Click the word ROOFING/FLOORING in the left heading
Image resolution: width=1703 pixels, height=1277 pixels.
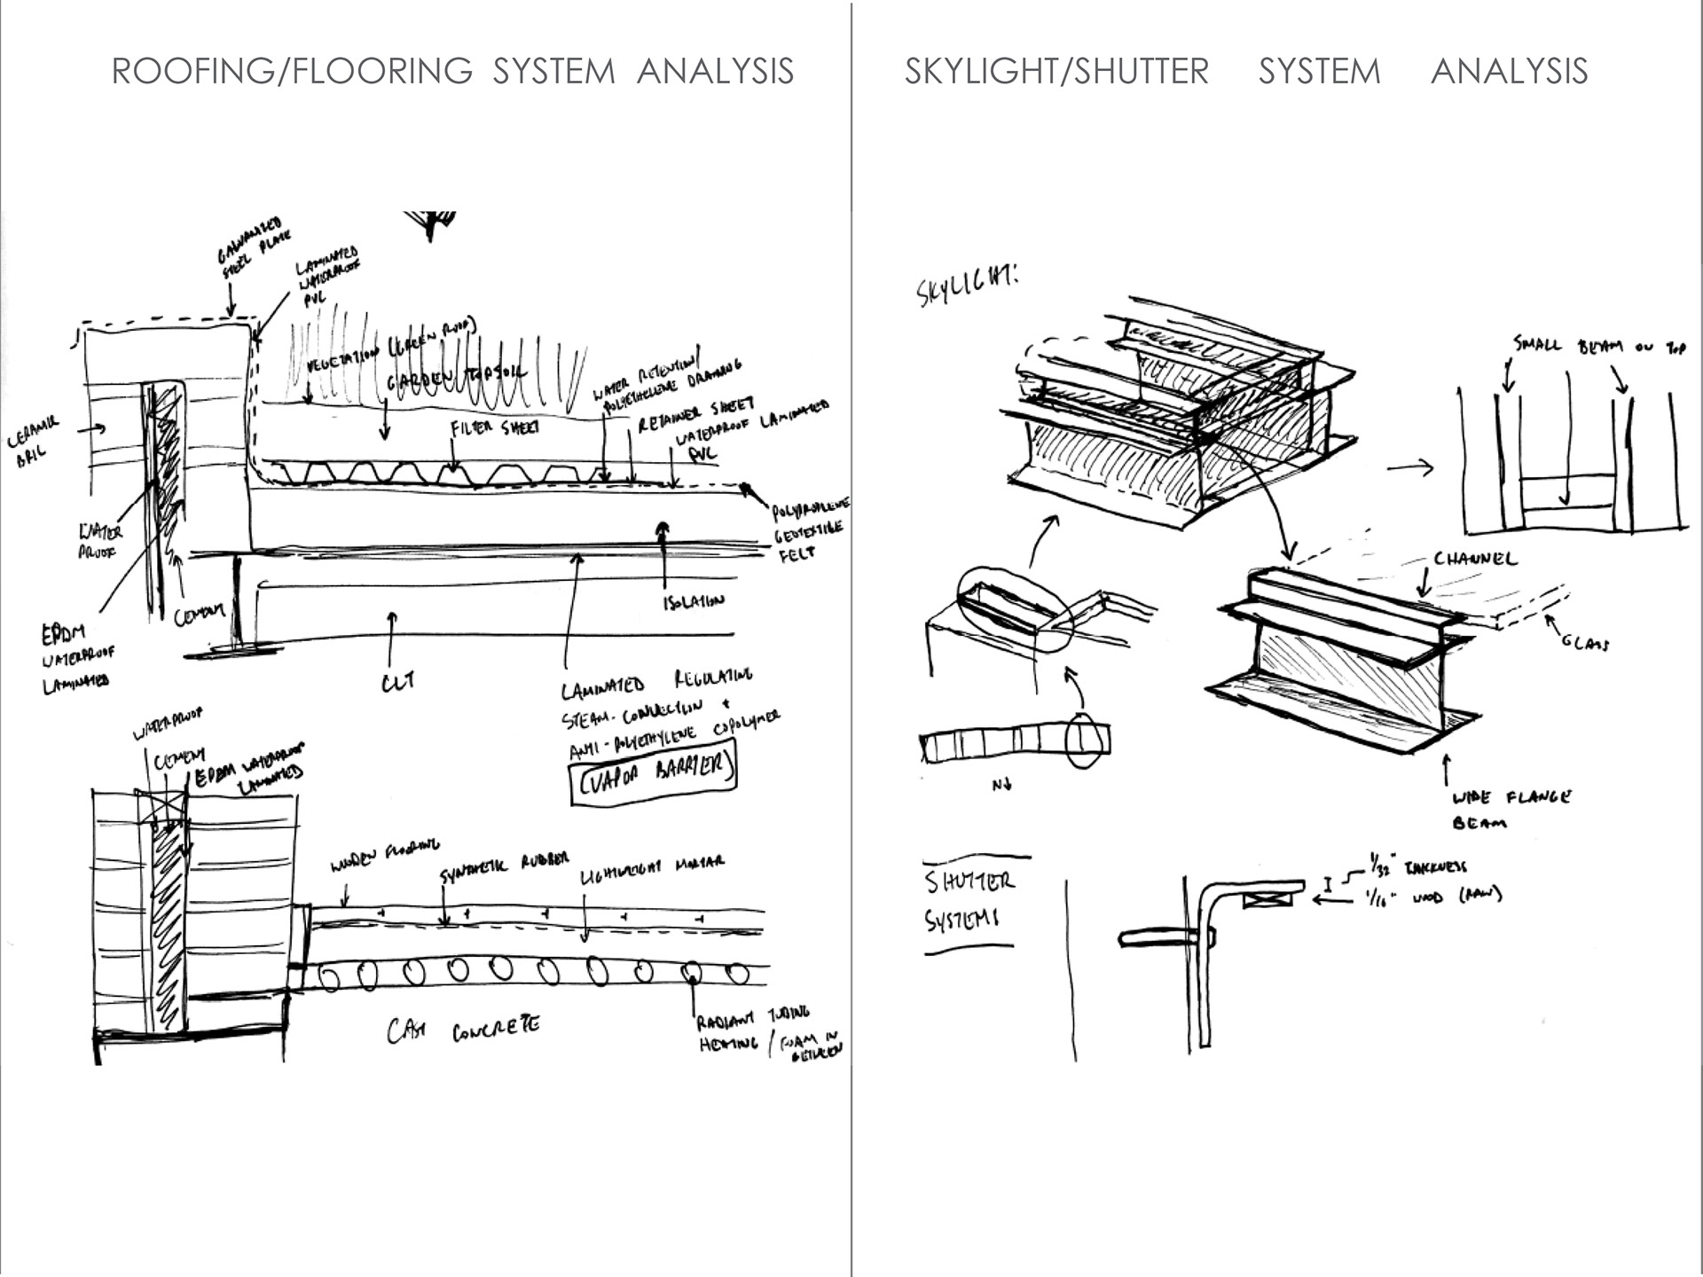click(x=292, y=71)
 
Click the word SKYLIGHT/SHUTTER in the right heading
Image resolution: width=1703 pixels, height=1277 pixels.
click(x=1056, y=71)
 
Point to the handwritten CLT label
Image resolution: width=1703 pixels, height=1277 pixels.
click(x=398, y=682)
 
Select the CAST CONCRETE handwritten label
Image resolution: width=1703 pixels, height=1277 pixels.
click(x=463, y=1030)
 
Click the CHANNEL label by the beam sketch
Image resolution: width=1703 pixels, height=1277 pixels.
click(x=1475, y=559)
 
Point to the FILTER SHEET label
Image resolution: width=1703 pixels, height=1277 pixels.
click(x=494, y=428)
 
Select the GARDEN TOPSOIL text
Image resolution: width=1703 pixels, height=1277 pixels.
click(x=457, y=380)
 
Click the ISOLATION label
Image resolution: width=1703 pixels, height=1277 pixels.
click(x=694, y=602)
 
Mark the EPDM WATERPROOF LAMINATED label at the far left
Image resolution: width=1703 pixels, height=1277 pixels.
click(x=76, y=657)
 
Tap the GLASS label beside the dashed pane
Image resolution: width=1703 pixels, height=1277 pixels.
click(x=1585, y=640)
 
